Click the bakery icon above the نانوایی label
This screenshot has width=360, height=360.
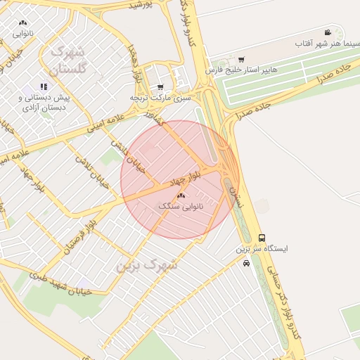(x=23, y=22)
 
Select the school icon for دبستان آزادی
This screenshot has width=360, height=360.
(x=44, y=86)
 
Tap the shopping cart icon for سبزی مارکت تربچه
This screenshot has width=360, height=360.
(x=161, y=87)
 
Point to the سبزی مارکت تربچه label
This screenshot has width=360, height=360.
(x=160, y=98)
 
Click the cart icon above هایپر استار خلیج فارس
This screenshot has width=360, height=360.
(x=241, y=59)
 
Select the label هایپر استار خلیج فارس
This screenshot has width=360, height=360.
(x=241, y=70)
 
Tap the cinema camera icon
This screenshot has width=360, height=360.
(x=328, y=32)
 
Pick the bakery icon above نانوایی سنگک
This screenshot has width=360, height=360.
(x=181, y=195)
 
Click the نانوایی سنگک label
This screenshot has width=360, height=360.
(x=181, y=207)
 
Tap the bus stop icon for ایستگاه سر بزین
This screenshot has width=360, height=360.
(x=262, y=238)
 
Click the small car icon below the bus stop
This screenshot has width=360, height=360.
(x=245, y=264)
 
